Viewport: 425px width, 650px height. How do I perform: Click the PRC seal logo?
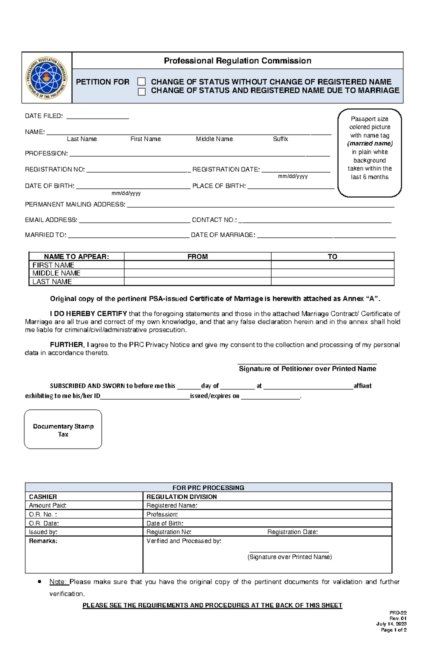(46, 78)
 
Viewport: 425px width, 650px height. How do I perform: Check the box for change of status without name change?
(141, 82)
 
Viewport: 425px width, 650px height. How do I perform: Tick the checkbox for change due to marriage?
(141, 92)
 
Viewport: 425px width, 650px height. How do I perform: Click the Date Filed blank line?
(97, 117)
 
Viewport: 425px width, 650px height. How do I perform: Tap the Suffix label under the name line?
(280, 139)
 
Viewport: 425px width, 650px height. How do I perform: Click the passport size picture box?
(369, 153)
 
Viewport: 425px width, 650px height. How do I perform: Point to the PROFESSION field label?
(46, 153)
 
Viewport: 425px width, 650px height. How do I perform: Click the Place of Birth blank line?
(290, 187)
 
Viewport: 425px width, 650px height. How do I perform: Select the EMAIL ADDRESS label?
(51, 220)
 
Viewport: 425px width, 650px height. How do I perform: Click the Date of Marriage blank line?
(326, 236)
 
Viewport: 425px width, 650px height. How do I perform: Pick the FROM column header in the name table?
(197, 256)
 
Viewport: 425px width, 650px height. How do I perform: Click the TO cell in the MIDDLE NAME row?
(332, 273)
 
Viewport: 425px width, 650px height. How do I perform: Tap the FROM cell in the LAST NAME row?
(197, 282)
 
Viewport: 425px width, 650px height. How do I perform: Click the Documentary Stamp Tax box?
(63, 430)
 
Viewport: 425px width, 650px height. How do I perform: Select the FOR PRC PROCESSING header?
(208, 488)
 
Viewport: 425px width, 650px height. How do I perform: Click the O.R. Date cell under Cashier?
(84, 523)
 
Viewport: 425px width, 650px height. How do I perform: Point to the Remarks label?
(43, 541)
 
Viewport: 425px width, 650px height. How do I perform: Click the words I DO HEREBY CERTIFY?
(88, 314)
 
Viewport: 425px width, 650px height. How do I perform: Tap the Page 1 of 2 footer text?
(393, 630)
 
